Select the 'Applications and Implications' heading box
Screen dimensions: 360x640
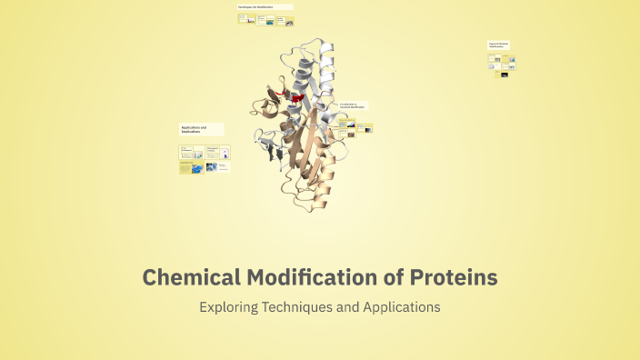point(201,130)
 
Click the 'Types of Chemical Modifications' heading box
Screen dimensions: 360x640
point(499,45)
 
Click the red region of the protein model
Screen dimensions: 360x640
point(296,95)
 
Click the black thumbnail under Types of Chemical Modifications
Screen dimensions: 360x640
point(503,75)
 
